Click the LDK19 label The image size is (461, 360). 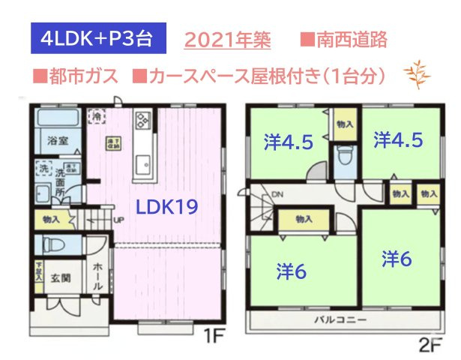pos(166,208)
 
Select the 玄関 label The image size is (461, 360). pos(61,279)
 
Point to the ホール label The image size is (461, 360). pos(97,276)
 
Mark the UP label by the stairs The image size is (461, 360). pos(118,220)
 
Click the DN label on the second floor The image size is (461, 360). pos(277,196)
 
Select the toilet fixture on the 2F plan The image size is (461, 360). pos(346,156)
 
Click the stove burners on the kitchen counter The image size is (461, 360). pos(143,121)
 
